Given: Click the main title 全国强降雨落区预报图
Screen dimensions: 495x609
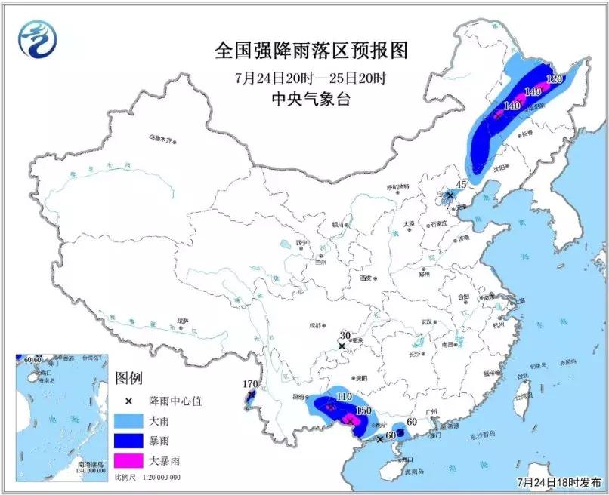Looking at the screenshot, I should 311,51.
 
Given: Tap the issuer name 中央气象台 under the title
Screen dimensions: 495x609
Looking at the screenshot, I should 311,99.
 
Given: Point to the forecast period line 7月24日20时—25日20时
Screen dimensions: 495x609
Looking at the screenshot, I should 311,78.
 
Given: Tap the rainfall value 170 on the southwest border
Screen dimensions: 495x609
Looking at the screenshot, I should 250,384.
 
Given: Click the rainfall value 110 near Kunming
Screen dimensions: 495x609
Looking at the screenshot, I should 344,396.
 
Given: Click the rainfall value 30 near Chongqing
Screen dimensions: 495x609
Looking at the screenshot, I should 345,336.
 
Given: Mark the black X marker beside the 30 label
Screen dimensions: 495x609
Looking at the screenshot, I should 342,346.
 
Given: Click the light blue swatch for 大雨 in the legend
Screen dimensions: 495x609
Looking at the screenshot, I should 128,420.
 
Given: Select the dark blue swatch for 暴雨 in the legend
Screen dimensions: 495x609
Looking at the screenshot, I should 128,439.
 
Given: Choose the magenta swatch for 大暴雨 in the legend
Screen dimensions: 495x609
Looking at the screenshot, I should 128,459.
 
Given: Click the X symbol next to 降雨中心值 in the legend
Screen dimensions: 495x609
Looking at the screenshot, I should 128,401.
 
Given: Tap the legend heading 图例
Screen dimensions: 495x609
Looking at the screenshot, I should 128,378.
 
